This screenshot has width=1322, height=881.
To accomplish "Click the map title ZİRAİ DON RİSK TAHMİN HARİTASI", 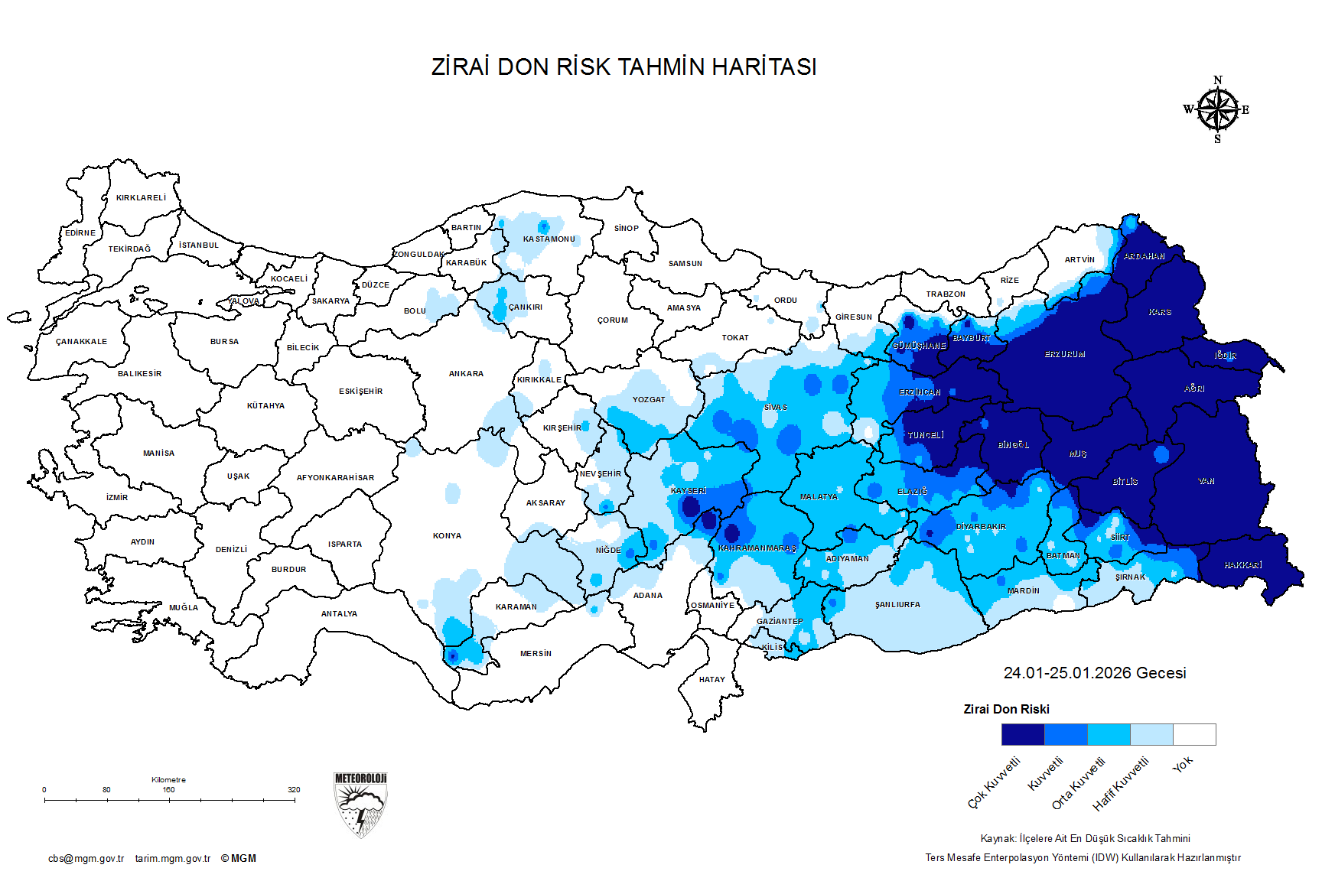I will pos(624,67).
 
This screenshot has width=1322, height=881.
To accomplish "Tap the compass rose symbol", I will pos(1217,110).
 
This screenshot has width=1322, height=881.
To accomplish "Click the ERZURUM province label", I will pos(1064,355).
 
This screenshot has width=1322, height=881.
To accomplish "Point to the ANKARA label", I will pos(466,374).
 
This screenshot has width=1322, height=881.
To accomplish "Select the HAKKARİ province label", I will pos(1242,565).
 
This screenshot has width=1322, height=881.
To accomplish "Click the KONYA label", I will pos(447,536).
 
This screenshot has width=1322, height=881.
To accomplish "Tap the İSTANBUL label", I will pos(199,245).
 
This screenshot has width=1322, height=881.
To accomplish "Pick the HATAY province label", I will pos(711,679).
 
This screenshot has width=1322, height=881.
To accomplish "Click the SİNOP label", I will pos(626,228).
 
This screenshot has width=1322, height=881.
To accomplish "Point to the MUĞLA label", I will pos(184,608).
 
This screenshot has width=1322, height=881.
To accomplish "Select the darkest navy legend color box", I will pos(1022,734).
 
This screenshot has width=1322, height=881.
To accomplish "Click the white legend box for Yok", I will pos(1194,734).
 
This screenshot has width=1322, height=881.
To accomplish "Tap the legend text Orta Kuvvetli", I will pos(1078,784).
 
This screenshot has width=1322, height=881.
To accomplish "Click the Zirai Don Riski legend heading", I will pos(1006,709).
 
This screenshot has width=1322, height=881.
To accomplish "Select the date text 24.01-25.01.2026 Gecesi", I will pos(1094,673).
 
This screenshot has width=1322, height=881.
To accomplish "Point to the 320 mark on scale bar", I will pos(294,790).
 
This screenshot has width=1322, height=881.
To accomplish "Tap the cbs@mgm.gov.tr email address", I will pos(86,859).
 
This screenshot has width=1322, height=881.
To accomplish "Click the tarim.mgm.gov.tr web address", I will pos(173,859).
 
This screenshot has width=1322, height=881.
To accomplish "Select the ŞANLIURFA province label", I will pos(897,605).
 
